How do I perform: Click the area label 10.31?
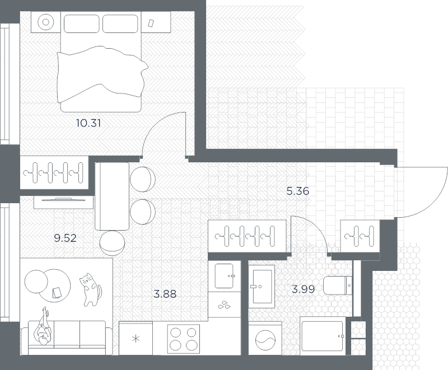point(88,123)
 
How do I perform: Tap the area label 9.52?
point(65,238)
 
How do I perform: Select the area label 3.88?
point(165,294)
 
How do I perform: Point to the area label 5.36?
point(298,191)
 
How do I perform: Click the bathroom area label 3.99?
point(303,289)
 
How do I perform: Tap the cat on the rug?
point(91,290)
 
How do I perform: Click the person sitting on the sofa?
point(43,327)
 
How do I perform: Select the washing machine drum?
point(265,340)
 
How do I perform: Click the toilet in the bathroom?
point(338,285)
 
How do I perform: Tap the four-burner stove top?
point(184,339)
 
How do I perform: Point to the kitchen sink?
point(225,276)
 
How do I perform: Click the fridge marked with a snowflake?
point(136,338)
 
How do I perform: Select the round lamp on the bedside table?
point(46,22)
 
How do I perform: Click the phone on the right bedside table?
point(151,23)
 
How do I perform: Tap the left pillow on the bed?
point(81,24)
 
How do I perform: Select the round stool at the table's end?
point(113,243)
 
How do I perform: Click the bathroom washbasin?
point(262,287)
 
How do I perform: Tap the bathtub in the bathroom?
point(323,336)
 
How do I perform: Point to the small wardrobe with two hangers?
point(360,236)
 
